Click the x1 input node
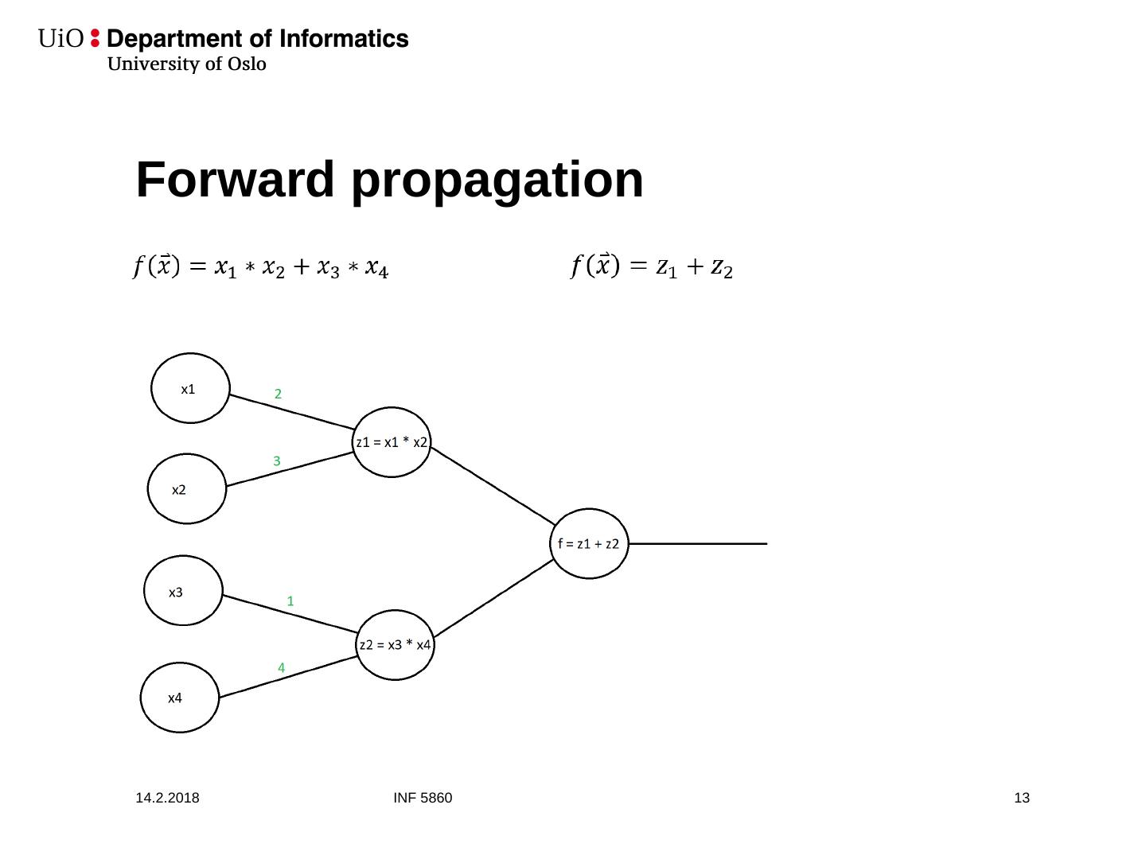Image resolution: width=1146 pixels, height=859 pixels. [x=190, y=388]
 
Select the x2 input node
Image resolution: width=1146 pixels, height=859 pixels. [x=187, y=488]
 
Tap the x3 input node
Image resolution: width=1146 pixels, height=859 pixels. [x=183, y=590]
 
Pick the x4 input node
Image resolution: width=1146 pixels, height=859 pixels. [x=180, y=698]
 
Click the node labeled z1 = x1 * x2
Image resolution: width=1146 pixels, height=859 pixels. [x=392, y=442]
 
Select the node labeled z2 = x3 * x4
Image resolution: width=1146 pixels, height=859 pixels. [x=395, y=644]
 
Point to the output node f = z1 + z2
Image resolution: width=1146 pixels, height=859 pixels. [x=589, y=543]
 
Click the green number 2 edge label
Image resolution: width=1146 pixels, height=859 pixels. [x=278, y=394]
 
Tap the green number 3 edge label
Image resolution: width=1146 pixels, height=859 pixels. [x=277, y=461]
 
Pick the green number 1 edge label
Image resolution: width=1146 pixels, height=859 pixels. [x=290, y=601]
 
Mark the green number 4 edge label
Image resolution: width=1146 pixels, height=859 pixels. [x=282, y=668]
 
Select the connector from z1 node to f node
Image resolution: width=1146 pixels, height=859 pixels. [x=493, y=486]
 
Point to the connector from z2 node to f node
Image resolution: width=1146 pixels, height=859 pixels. [x=494, y=598]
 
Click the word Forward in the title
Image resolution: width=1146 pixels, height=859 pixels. [x=236, y=180]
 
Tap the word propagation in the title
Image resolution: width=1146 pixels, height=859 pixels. [x=497, y=181]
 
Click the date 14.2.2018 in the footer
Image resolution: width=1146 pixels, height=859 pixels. [x=168, y=798]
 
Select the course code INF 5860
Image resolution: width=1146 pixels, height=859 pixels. [x=423, y=798]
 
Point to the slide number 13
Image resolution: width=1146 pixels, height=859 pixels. [x=1022, y=798]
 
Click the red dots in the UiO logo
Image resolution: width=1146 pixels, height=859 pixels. [x=95, y=38]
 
